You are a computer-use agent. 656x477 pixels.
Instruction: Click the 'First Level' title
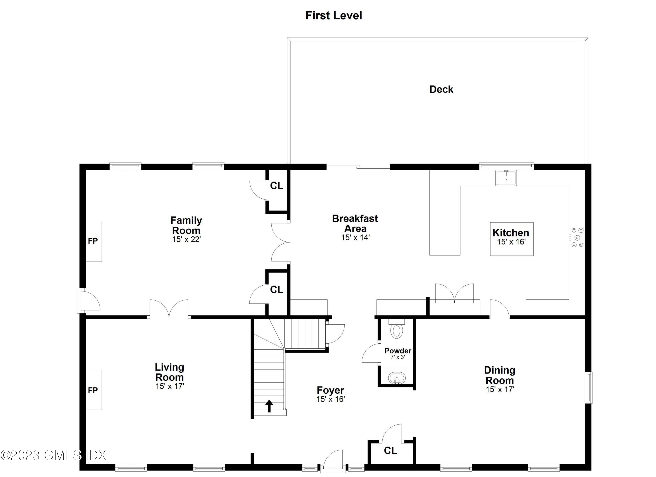(333, 16)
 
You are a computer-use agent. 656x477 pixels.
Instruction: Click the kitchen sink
(506, 178)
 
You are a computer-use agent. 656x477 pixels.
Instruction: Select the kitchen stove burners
(577, 238)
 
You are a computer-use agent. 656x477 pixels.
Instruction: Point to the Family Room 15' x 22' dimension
(187, 239)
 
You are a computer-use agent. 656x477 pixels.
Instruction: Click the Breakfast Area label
(355, 224)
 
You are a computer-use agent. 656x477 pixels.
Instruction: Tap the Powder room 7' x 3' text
(398, 357)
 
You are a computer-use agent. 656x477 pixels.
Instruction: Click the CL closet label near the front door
(391, 450)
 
